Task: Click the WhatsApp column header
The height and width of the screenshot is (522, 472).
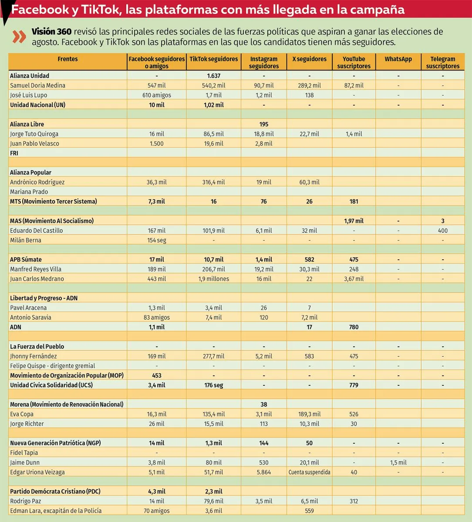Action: click(398, 59)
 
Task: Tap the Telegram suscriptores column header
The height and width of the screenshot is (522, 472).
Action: click(442, 62)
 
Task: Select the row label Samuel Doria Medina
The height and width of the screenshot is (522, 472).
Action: click(37, 85)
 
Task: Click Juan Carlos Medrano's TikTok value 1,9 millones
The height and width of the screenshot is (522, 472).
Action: click(213, 279)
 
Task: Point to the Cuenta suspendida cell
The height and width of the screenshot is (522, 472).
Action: click(309, 472)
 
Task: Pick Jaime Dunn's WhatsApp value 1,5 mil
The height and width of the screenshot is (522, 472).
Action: click(398, 462)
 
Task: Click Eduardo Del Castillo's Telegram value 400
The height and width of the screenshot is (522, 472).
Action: click(442, 231)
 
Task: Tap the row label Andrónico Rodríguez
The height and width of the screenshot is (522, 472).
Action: click(37, 182)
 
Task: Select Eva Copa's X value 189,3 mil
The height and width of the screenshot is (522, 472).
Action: click(309, 414)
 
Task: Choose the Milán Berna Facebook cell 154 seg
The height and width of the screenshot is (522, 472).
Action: click(156, 240)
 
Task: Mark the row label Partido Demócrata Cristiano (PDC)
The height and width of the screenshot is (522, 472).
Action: click(55, 492)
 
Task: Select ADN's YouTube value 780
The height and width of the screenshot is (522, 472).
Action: click(354, 327)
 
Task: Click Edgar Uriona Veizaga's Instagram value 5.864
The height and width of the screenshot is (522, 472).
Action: click(263, 472)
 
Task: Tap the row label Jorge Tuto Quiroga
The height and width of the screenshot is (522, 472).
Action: click(34, 134)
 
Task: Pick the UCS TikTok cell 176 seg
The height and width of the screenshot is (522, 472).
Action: click(213, 385)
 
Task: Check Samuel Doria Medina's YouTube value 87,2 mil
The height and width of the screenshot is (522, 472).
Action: click(354, 85)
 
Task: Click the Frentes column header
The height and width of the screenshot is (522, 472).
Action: click(67, 59)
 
